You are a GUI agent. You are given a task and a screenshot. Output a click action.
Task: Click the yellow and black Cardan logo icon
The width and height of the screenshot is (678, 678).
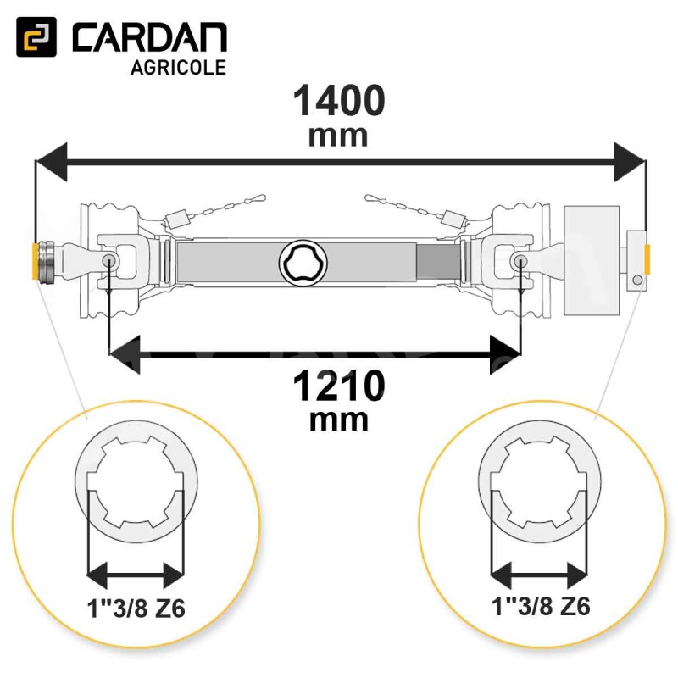pos(36,36)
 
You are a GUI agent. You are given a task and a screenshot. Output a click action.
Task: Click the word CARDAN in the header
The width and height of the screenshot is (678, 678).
pos(150,38)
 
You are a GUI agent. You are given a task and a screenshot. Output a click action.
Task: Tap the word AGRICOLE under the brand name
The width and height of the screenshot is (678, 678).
pos(178,68)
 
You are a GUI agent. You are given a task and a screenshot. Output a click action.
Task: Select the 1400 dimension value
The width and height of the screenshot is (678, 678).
pos(338,101)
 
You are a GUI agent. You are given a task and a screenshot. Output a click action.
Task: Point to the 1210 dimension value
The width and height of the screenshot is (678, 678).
pos(338,386)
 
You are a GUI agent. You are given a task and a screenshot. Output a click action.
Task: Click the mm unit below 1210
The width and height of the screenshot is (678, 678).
pos(338,420)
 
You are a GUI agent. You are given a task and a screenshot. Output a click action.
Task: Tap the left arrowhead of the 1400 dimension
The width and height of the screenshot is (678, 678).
pos(52,162)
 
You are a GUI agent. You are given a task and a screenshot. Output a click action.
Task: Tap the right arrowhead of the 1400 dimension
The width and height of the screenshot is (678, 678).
pos(630,162)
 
